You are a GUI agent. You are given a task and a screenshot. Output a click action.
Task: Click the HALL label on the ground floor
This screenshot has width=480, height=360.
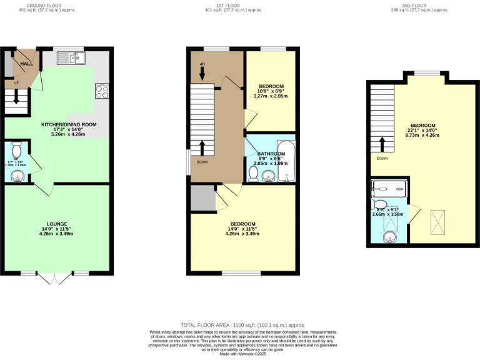26,64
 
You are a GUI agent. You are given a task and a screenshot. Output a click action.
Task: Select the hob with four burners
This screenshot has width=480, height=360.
101,91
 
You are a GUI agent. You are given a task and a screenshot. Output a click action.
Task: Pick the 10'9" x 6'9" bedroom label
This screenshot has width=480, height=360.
271,86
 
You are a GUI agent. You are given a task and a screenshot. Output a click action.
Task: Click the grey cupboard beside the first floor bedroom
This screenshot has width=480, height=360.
202,199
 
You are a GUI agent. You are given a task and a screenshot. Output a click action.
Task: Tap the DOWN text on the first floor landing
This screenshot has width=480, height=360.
202,162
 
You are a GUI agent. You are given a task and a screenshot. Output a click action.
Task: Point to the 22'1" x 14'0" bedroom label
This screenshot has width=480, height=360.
422,126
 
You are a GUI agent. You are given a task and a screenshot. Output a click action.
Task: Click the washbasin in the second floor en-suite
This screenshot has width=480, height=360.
390,237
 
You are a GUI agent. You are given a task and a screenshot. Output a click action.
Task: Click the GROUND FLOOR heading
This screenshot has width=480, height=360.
47,6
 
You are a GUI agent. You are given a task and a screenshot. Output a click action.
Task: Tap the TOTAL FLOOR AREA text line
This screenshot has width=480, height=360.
242,325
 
